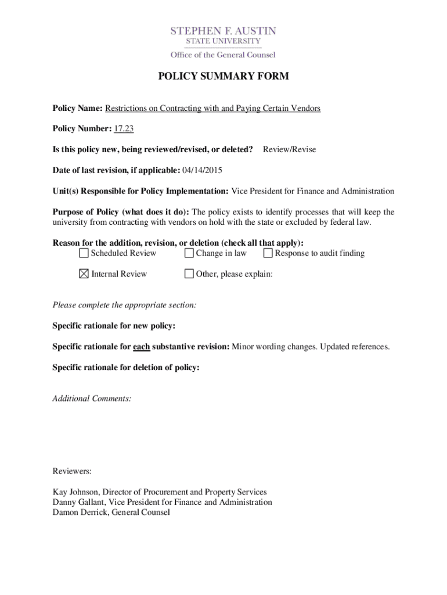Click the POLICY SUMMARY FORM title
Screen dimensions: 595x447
click(x=223, y=77)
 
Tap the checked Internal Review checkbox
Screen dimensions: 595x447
click(x=84, y=274)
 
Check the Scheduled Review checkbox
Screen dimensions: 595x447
click(x=84, y=253)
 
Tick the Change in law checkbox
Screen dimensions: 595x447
click(x=189, y=253)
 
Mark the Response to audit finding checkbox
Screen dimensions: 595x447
click(x=268, y=253)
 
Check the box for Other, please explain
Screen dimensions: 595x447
click(x=189, y=274)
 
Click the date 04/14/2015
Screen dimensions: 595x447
click(x=202, y=170)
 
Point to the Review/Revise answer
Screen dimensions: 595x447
click(x=289, y=150)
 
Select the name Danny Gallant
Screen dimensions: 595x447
click(x=79, y=502)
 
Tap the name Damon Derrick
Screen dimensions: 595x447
click(x=80, y=512)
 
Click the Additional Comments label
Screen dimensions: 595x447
click(x=92, y=399)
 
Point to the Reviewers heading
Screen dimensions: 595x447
click(x=72, y=471)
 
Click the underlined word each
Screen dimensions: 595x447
click(x=141, y=347)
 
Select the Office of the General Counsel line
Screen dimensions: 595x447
click(x=223, y=55)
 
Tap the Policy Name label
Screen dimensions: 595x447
click(x=77, y=109)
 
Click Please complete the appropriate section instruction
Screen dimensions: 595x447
click(x=124, y=305)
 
